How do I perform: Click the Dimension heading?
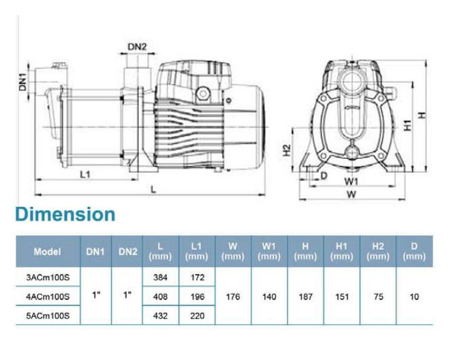pyautogui.click(x=66, y=215)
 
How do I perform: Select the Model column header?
pyautogui.click(x=47, y=252)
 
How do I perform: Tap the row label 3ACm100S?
pyautogui.click(x=48, y=277)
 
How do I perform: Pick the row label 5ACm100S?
pyautogui.click(x=48, y=316)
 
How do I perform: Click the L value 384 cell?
pyautogui.click(x=160, y=277)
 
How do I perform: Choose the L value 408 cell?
pyautogui.click(x=160, y=297)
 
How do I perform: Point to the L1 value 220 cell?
pyautogui.click(x=197, y=316)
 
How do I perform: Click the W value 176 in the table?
pyautogui.click(x=233, y=297)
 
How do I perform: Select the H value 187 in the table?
pyautogui.click(x=306, y=297)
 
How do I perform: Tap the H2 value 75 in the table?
pyautogui.click(x=379, y=297)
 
